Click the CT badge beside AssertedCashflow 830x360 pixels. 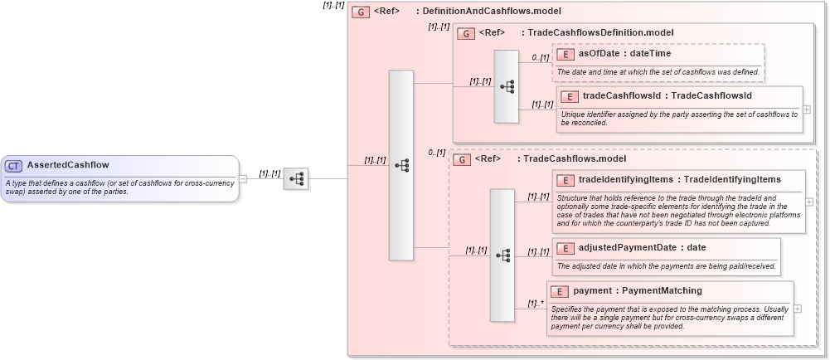[x=14, y=165]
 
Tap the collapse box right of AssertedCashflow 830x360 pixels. [x=243, y=178]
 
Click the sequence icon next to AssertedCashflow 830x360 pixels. [x=296, y=178]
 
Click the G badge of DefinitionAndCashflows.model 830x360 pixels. [x=361, y=12]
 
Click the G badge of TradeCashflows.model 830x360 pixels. [x=462, y=158]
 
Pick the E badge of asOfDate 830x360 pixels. [x=566, y=54]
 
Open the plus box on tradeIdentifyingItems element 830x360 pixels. [x=809, y=202]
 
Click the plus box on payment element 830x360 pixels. [x=798, y=308]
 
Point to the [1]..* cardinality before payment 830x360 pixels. [x=536, y=303]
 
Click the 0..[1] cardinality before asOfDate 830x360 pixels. [x=541, y=57]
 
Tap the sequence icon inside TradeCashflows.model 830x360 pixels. [x=502, y=255]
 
